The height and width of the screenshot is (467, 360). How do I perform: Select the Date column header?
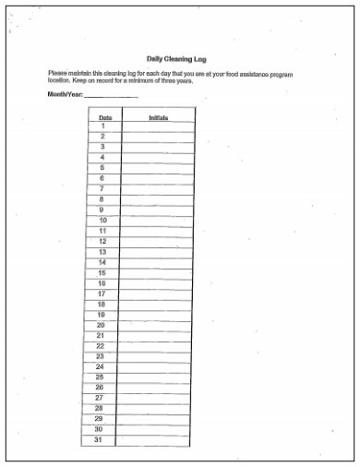[105, 118]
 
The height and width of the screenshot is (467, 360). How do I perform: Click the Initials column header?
[158, 118]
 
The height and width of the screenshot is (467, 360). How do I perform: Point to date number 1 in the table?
[103, 126]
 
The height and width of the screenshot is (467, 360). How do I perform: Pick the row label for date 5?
[102, 168]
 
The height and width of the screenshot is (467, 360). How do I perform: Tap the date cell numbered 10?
[102, 221]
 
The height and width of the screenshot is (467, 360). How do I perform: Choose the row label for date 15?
[102, 272]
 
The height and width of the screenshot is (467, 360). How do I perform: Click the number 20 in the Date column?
[101, 325]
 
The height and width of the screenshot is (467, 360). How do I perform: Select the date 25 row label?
[100, 377]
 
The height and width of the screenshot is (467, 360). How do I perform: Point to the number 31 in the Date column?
[99, 440]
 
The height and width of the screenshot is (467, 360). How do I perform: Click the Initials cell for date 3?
[157, 148]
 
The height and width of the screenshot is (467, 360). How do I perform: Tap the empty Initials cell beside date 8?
[156, 199]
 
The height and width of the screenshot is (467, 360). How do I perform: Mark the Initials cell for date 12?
[156, 242]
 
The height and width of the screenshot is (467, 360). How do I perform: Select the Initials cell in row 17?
[155, 293]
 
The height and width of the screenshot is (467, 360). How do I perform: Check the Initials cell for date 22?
[155, 346]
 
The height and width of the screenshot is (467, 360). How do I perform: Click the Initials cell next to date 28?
[154, 409]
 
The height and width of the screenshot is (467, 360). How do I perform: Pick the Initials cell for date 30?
[154, 430]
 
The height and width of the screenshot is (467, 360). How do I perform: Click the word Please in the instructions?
[58, 73]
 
